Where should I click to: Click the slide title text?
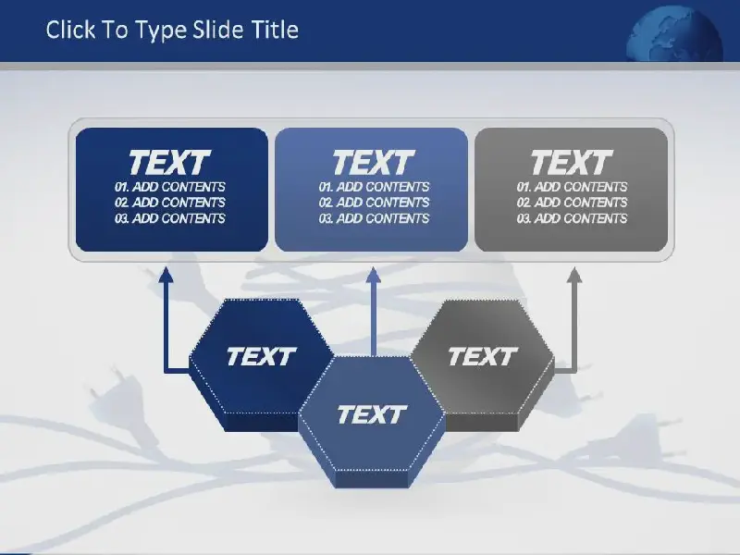[172, 31]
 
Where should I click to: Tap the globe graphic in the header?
[674, 34]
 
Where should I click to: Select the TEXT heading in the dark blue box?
[169, 162]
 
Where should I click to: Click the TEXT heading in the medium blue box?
[374, 162]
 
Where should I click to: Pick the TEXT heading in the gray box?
[572, 162]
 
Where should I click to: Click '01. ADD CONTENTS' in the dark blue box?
[170, 187]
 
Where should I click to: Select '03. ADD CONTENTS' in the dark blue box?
[170, 218]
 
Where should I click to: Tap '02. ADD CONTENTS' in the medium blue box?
[374, 203]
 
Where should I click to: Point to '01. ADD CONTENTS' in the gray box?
[572, 187]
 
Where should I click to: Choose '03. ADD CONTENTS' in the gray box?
[572, 218]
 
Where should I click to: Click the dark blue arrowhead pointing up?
[166, 275]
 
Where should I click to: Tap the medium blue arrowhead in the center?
[374, 275]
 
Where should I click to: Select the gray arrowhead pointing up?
[574, 275]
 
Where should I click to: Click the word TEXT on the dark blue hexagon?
[261, 356]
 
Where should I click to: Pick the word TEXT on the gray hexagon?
[483, 356]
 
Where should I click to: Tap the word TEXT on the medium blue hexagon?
[372, 414]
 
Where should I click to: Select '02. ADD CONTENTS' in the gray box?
[572, 203]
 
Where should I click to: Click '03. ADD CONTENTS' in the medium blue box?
[374, 218]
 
